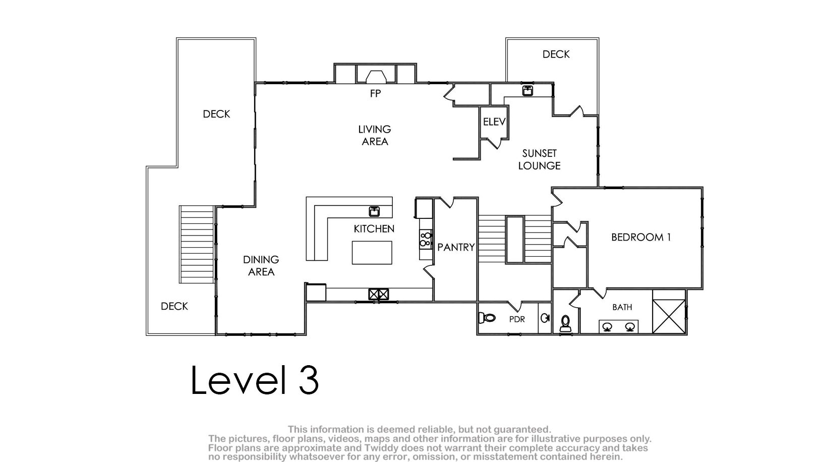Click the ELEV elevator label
tap(494, 122)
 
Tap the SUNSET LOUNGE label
tap(540, 159)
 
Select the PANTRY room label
tap(456, 247)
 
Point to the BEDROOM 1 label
tap(641, 238)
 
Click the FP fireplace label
tap(375, 94)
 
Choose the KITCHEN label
tap(374, 229)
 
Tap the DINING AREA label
tap(261, 266)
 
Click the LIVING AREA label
tap(375, 135)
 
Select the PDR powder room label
tap(517, 319)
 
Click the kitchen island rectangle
tap(372, 253)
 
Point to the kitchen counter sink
tap(374, 211)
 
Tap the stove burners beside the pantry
tap(426, 239)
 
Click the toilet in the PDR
tap(487, 318)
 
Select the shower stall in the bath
tap(669, 316)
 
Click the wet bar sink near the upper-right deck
tap(527, 90)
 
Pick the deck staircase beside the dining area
tap(197, 245)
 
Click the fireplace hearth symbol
tap(376, 77)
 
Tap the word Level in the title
tap(239, 380)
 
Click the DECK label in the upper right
tap(556, 54)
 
